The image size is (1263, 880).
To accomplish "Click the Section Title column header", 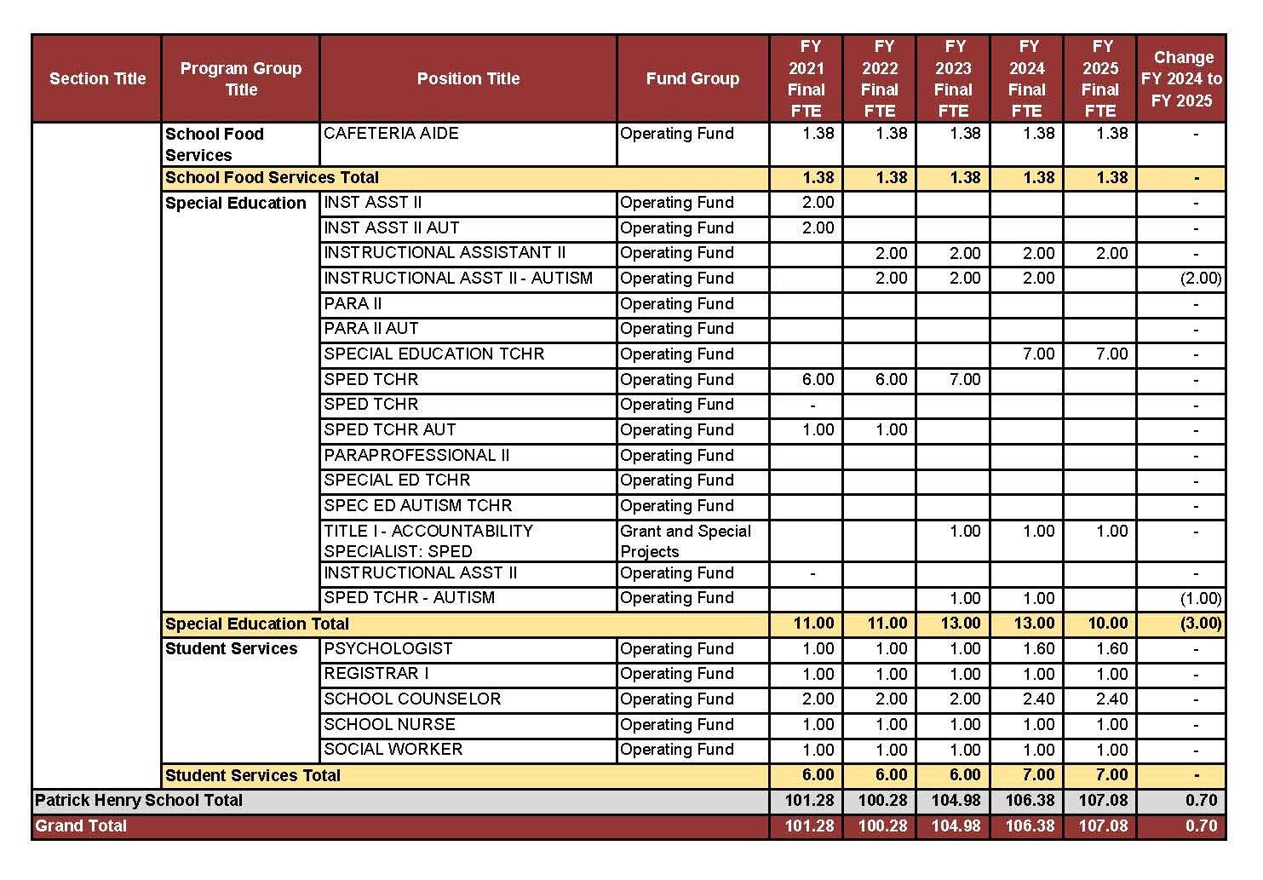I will [97, 78].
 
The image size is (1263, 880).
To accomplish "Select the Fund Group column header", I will [692, 78].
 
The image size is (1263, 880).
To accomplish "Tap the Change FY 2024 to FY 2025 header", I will [1181, 78].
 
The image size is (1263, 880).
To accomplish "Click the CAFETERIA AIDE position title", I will [391, 134].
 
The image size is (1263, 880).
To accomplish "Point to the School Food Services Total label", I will [272, 178].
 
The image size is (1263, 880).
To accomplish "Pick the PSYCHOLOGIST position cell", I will [388, 648].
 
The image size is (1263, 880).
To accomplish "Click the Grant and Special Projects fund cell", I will [686, 541].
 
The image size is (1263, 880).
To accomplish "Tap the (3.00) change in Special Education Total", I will [1200, 624].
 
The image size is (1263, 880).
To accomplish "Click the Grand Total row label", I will [81, 825].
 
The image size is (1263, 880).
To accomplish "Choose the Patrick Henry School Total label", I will [139, 801].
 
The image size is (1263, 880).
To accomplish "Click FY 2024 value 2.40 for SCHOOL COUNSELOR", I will [1038, 699].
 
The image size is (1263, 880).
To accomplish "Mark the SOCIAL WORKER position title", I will [393, 750].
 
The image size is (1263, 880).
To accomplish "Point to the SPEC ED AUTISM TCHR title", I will [417, 506].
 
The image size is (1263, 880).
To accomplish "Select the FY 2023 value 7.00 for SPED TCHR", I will [965, 380].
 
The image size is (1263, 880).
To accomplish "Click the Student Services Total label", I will [252, 775].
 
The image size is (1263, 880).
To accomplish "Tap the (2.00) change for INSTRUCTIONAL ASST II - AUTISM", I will [1200, 279].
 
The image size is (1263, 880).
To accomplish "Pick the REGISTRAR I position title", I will [376, 674].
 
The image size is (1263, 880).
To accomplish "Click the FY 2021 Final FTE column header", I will [806, 78].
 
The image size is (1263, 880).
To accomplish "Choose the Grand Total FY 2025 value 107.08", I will [1103, 825].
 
